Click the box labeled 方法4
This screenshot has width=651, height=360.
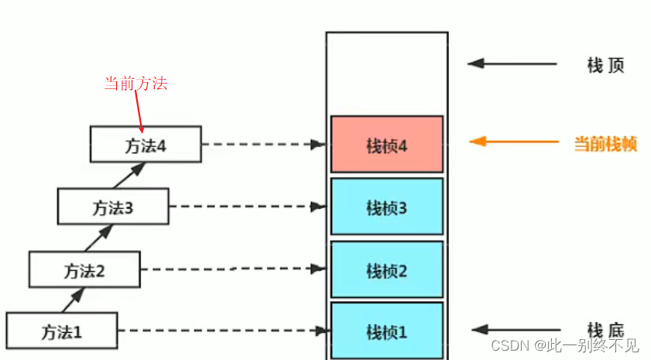click(146, 144)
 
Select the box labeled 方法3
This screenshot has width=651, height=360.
click(113, 207)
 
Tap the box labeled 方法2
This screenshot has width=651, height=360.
click(84, 269)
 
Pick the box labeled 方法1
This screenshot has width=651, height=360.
click(61, 331)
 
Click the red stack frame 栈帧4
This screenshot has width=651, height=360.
click(386, 145)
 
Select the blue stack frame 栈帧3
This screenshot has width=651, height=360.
click(386, 207)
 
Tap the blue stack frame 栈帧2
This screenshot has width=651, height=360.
click(386, 269)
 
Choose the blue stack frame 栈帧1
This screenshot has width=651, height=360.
click(386, 331)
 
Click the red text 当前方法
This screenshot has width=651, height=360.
click(135, 84)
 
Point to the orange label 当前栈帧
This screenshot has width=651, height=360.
click(605, 143)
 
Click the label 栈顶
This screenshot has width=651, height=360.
click(605, 65)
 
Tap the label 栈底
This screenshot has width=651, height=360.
click(605, 329)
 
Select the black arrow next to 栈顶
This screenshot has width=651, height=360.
click(512, 63)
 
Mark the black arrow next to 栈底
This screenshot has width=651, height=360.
click(512, 329)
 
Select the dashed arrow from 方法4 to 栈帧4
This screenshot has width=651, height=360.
click(263, 144)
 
